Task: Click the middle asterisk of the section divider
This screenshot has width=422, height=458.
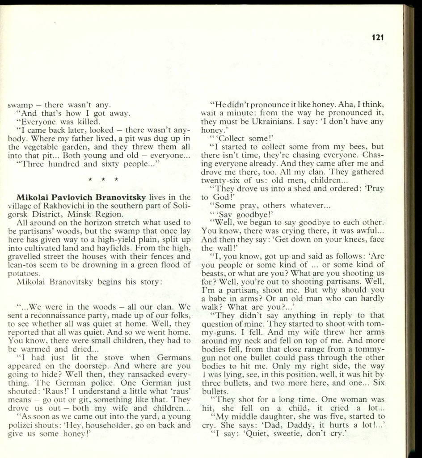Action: (103, 180)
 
